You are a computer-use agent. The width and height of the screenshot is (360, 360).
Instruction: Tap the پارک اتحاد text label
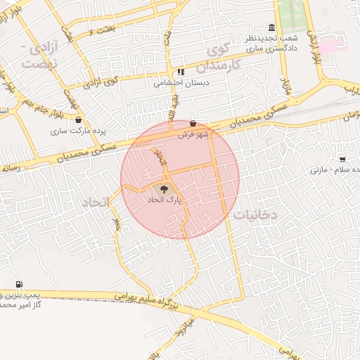(163, 200)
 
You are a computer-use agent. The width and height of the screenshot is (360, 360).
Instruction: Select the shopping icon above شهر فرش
(193, 124)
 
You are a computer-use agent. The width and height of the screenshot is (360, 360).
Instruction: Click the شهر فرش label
(190, 134)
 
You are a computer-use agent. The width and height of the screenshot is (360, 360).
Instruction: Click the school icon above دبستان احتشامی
(181, 72)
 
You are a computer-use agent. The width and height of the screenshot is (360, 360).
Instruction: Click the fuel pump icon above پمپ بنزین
(18, 285)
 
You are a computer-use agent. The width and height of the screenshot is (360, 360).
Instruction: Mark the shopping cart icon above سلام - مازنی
(342, 160)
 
